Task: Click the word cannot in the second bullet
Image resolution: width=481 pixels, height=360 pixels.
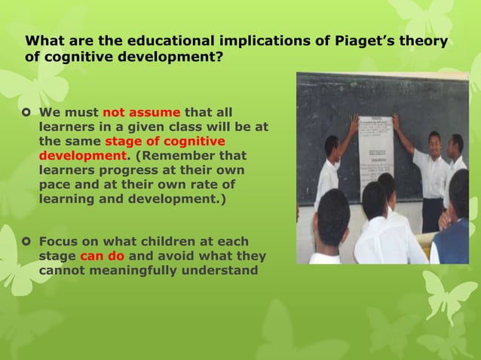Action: coord(62,270)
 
